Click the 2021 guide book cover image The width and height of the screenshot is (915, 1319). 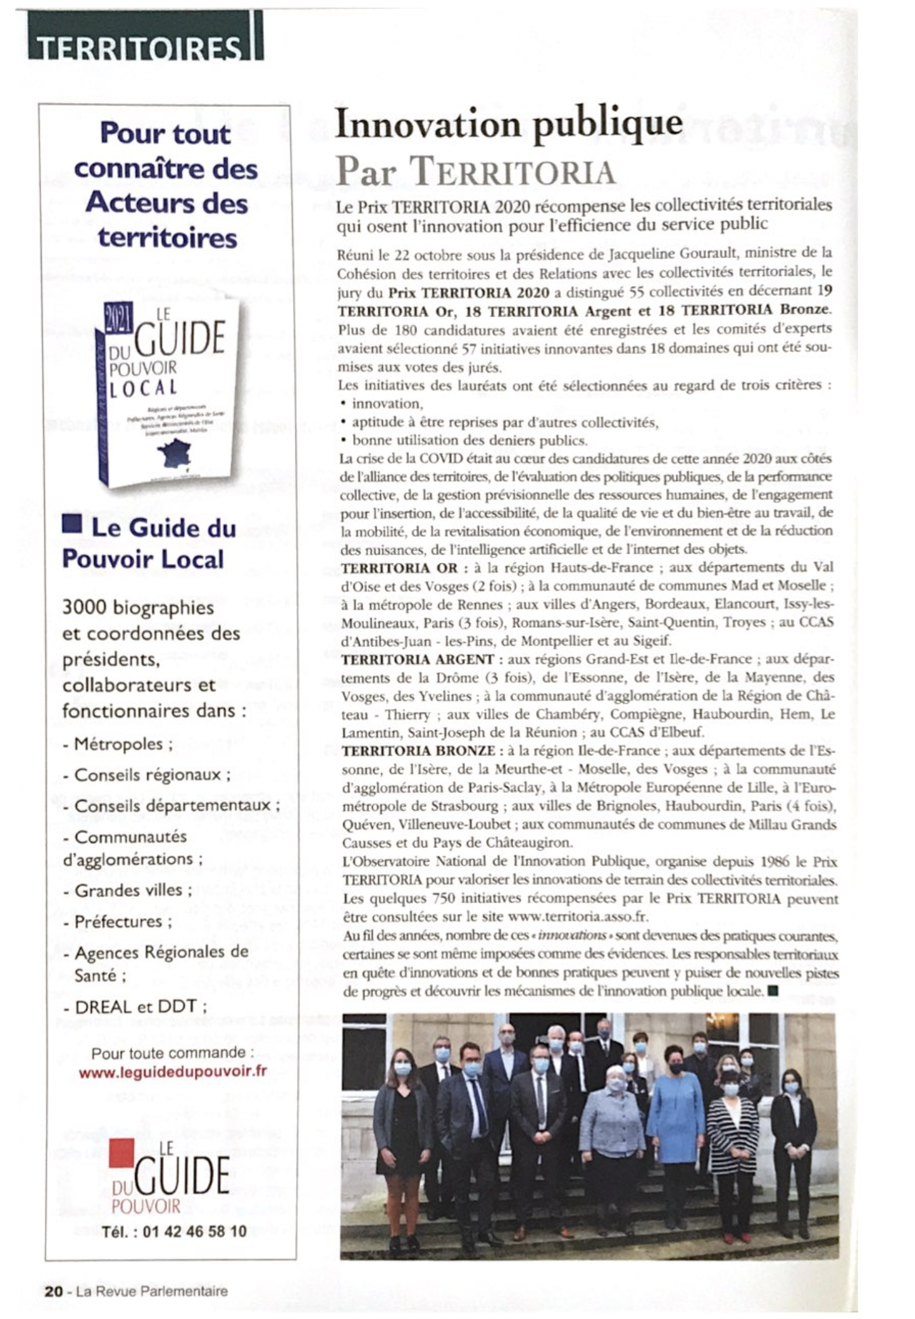tap(168, 392)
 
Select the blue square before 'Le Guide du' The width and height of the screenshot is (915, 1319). tap(72, 525)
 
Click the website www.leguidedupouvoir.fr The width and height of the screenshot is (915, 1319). tap(173, 1072)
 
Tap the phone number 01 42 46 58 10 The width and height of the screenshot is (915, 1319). tap(194, 1231)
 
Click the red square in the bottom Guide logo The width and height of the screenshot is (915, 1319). tap(121, 1153)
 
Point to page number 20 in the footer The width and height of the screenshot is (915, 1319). tap(53, 1291)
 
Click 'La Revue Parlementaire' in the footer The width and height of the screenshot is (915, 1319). tap(152, 1291)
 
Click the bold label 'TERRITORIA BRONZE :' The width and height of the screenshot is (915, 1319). tap(418, 751)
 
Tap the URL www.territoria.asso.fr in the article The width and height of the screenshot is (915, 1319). tap(577, 916)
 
